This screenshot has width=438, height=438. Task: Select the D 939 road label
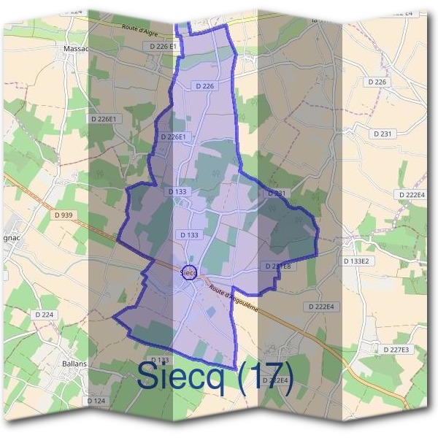click(64, 215)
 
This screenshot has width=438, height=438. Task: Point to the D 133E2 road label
click(358, 261)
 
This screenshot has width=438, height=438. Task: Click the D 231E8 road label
click(278, 266)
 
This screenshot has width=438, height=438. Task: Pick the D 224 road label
click(45, 315)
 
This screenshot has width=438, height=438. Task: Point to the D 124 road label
click(96, 401)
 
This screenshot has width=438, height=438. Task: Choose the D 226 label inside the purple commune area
click(205, 86)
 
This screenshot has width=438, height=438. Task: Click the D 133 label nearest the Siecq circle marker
click(188, 235)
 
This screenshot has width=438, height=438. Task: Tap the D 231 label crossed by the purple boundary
click(276, 193)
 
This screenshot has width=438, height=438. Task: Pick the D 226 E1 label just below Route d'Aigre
click(164, 46)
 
